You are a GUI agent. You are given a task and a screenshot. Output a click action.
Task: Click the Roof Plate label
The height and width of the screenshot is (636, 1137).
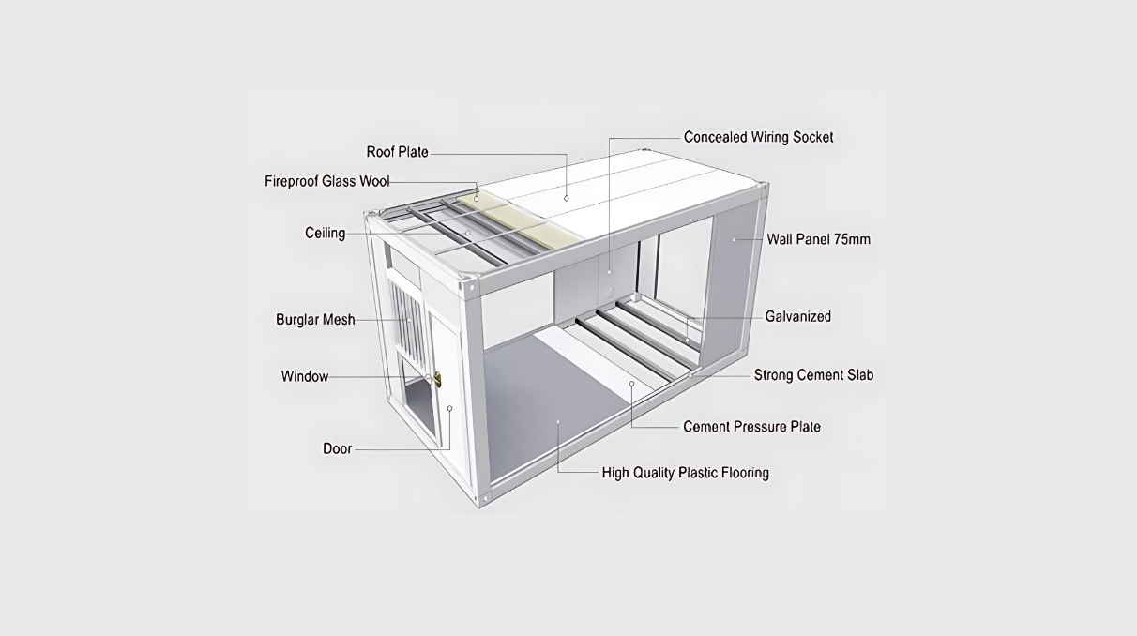click(x=397, y=152)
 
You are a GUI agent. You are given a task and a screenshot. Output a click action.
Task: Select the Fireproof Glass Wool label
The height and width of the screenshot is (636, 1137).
click(x=326, y=181)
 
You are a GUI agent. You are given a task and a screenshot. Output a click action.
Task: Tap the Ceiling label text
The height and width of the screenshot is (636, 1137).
click(x=325, y=233)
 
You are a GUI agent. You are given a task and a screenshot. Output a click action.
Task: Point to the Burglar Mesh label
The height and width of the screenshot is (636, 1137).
click(x=315, y=320)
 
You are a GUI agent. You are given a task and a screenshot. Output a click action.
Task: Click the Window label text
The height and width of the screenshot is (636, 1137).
click(x=305, y=377)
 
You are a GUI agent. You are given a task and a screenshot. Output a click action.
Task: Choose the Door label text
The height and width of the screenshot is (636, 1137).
click(x=338, y=448)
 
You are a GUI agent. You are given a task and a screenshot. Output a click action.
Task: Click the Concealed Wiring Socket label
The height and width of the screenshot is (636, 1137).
click(x=758, y=137)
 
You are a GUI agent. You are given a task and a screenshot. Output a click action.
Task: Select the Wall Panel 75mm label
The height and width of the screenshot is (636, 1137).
click(x=818, y=239)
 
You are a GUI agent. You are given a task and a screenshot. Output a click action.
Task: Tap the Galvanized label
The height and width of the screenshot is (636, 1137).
click(x=797, y=317)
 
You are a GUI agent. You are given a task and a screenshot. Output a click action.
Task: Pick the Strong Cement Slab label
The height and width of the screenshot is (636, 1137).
click(x=813, y=375)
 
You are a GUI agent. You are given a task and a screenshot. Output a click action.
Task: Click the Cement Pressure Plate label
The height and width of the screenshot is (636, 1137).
click(x=751, y=427)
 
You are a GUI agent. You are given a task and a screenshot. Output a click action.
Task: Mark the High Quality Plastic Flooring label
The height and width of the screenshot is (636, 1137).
click(x=685, y=473)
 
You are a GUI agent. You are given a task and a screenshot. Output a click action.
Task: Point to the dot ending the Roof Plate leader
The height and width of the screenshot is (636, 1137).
click(x=567, y=198)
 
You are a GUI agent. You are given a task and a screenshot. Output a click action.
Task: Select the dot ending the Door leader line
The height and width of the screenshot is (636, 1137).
click(x=450, y=408)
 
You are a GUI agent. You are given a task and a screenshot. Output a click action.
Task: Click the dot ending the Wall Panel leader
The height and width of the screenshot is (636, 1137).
click(x=735, y=239)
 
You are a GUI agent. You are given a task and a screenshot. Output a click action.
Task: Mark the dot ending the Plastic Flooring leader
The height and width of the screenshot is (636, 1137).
click(x=558, y=422)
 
